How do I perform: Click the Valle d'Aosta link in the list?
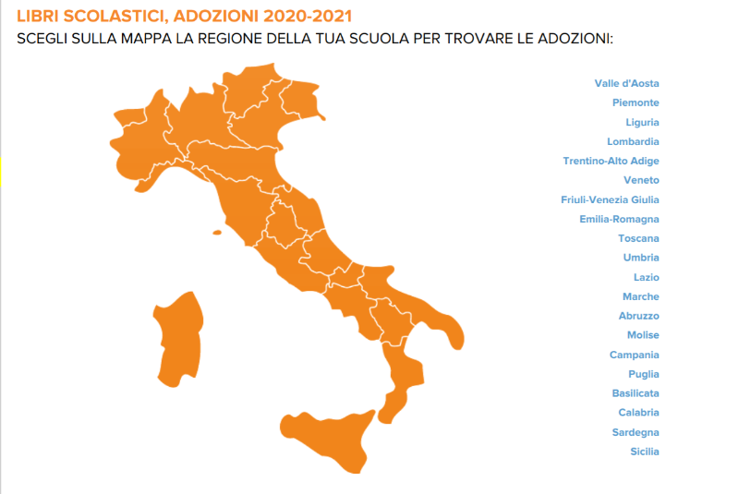click(x=626, y=83)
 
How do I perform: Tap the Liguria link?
click(x=642, y=122)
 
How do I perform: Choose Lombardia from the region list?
click(x=633, y=141)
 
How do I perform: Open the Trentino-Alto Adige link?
click(x=611, y=161)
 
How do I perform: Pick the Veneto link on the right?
click(x=641, y=180)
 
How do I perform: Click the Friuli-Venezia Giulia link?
click(x=610, y=199)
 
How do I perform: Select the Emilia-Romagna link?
click(x=619, y=219)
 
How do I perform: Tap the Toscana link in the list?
click(x=638, y=238)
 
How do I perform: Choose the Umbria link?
click(x=641, y=258)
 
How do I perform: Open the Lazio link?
click(x=646, y=277)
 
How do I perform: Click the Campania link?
click(x=635, y=355)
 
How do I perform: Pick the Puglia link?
click(x=644, y=374)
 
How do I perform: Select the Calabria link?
click(x=638, y=413)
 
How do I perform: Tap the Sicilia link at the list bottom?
click(x=645, y=452)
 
